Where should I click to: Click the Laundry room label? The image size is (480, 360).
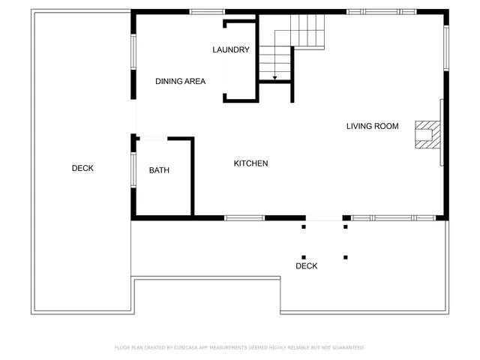tap(230, 50)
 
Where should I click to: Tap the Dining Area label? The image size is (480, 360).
tap(180, 81)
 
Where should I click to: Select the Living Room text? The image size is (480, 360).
tap(372, 126)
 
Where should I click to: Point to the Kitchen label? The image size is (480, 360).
tap(250, 163)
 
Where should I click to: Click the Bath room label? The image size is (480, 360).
tap(159, 170)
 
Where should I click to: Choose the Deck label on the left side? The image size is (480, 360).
tap(82, 168)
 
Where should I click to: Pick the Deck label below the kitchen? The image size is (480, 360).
tap(306, 266)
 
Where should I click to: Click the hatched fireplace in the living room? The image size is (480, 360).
tap(425, 136)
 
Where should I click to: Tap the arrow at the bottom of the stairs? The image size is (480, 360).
tap(274, 76)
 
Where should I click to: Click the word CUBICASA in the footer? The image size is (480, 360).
tap(190, 348)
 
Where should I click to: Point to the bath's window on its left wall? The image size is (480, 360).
tap(133, 169)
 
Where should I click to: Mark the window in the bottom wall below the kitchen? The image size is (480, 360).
tap(244, 218)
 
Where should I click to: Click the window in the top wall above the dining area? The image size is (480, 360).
tap(206, 11)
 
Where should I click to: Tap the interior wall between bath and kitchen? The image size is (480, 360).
tap(192, 178)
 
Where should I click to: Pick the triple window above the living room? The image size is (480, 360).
tap(381, 11)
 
